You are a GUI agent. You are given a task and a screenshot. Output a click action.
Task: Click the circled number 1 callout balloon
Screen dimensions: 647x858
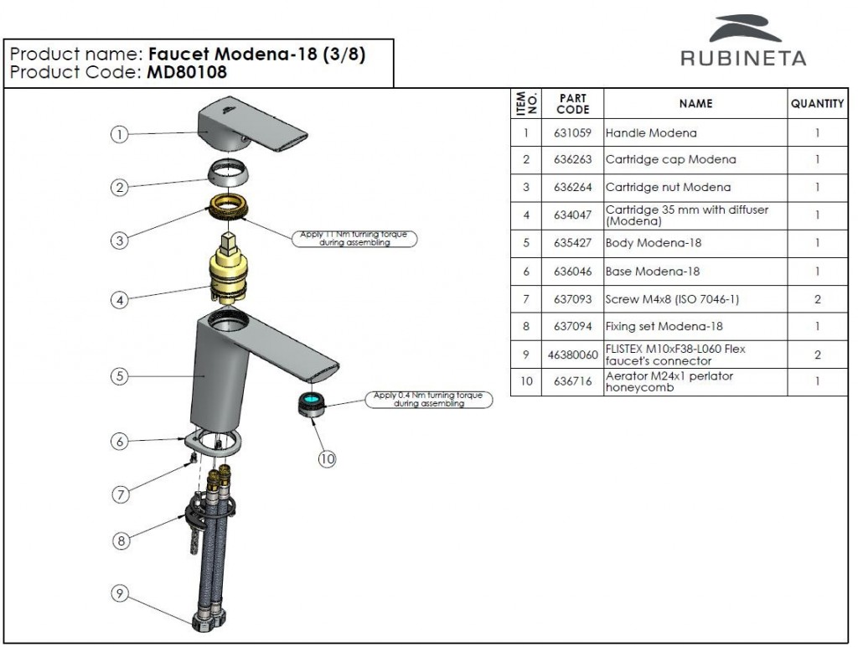click(x=121, y=134)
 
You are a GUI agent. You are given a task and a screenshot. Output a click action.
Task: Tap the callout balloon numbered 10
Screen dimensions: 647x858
click(x=327, y=458)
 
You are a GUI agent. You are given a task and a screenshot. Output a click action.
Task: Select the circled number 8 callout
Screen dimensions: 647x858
click(x=121, y=541)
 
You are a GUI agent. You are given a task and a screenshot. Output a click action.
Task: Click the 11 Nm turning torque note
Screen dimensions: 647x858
click(x=357, y=238)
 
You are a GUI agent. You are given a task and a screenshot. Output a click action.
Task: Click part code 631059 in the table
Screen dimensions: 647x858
click(x=571, y=132)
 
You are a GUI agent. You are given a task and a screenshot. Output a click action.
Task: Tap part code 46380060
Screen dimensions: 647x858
click(x=572, y=355)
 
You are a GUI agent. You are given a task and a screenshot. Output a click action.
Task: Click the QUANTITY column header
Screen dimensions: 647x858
click(x=817, y=104)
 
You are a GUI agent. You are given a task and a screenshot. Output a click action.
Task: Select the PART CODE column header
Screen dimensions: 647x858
click(x=572, y=104)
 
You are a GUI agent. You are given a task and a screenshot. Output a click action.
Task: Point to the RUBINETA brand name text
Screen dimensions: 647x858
click(x=743, y=58)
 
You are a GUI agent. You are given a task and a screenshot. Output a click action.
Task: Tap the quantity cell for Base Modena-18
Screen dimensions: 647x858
click(x=817, y=272)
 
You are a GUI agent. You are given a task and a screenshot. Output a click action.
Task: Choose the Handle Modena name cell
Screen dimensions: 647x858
click(x=651, y=132)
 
